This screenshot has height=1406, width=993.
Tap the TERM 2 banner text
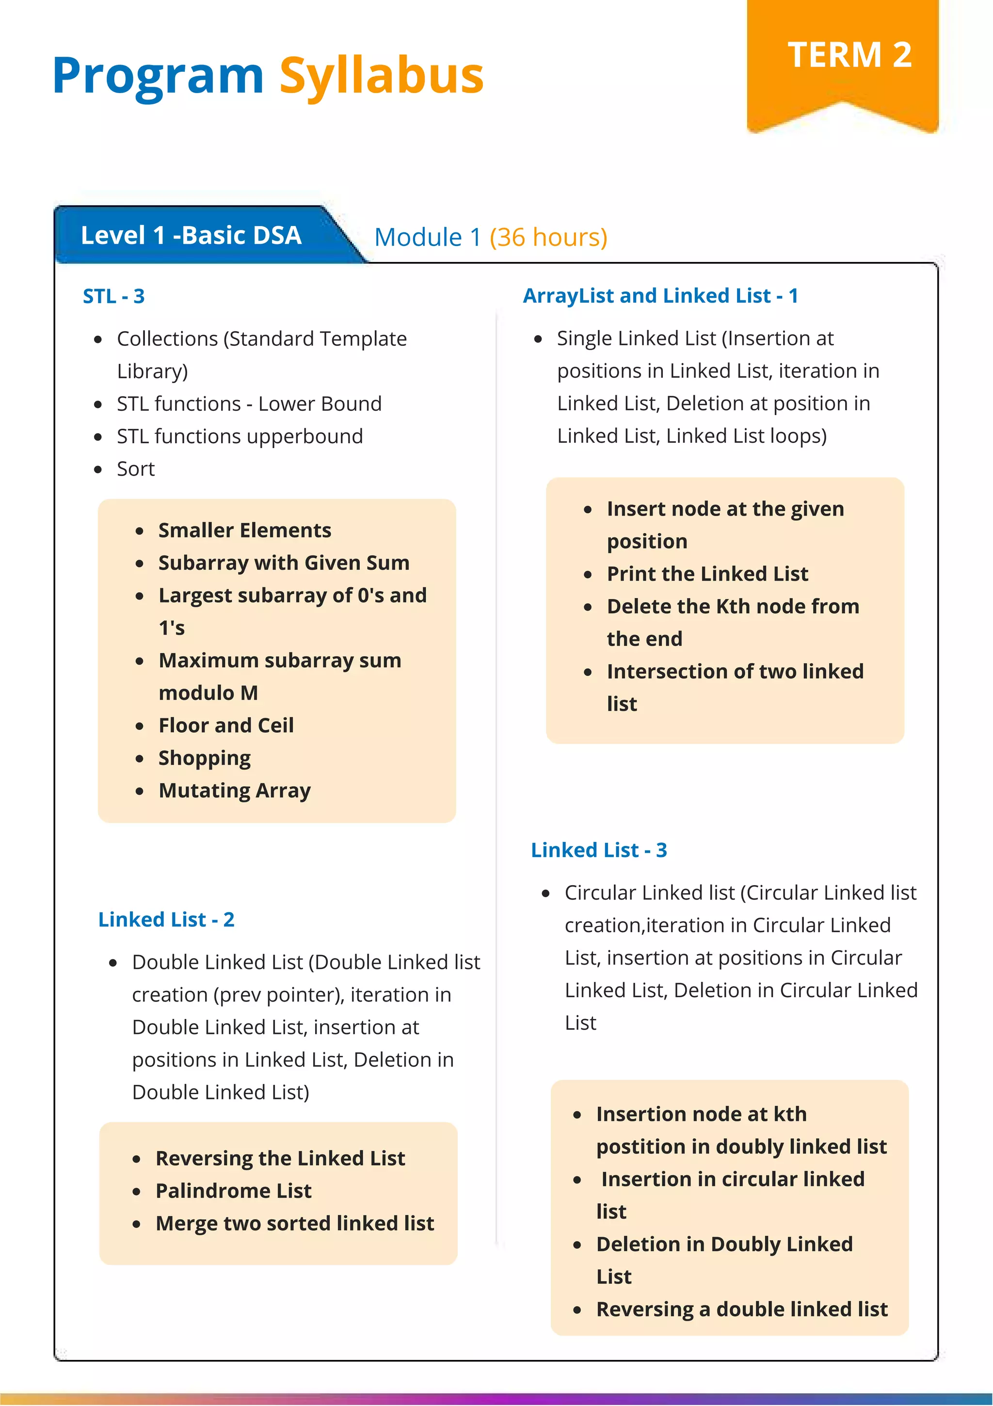tap(849, 55)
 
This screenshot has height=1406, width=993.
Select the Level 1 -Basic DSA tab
tap(191, 236)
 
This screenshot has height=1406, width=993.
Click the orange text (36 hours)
tap(548, 238)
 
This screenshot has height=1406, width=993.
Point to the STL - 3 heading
tap(114, 296)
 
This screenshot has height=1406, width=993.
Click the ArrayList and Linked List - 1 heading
tap(660, 296)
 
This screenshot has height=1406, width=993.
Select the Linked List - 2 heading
tap(166, 919)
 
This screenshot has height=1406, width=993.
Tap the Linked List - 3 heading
tap(598, 850)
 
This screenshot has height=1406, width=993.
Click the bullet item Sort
tap(135, 469)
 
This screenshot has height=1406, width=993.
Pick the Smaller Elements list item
tap(244, 530)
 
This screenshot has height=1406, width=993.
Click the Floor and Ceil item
tap(226, 726)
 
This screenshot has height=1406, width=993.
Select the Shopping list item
tap(205, 758)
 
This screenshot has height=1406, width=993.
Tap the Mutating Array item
tap(235, 791)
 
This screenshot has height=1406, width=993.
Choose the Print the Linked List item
tap(707, 574)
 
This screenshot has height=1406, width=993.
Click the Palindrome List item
tap(233, 1191)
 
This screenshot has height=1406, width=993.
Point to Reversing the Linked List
tap(280, 1158)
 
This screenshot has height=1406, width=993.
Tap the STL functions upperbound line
tap(240, 436)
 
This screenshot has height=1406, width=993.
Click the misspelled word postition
tap(641, 1147)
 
